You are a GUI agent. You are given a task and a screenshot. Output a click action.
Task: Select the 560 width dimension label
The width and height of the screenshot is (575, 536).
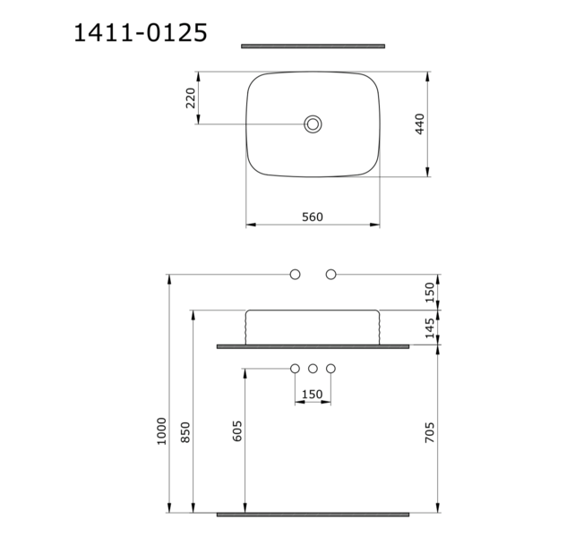(x=312, y=217)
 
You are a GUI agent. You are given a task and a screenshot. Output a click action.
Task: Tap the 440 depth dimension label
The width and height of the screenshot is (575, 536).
(x=419, y=124)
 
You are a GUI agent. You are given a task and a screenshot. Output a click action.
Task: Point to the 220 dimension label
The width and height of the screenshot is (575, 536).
(x=190, y=98)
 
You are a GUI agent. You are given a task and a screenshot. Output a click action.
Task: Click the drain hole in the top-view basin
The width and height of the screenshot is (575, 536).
(x=313, y=124)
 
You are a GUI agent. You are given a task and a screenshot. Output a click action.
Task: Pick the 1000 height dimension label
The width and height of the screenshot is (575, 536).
(x=161, y=431)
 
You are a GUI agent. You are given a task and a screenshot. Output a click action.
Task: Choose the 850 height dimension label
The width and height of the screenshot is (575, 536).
(x=185, y=433)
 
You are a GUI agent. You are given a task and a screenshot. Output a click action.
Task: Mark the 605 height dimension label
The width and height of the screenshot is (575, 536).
(x=237, y=433)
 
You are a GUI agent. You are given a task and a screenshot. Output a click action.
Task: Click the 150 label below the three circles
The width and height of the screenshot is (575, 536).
(x=312, y=395)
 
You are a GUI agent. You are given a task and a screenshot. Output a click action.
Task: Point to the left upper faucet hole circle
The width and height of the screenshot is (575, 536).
(x=295, y=274)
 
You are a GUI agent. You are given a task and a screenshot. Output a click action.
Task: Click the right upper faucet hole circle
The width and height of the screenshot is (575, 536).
(x=330, y=274)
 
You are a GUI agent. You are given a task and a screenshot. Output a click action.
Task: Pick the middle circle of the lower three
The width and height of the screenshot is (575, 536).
(x=313, y=369)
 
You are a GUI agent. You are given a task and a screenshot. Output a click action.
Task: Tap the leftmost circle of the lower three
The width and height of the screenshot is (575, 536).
(x=295, y=369)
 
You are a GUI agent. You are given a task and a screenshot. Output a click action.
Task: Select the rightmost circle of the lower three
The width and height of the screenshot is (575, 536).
(x=330, y=369)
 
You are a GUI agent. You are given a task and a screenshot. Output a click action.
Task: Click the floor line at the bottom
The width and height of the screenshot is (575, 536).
(x=313, y=515)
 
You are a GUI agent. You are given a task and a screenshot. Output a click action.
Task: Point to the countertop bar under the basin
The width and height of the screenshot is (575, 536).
(x=313, y=345)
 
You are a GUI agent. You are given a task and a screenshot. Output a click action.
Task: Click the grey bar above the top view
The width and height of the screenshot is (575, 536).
(x=313, y=46)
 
